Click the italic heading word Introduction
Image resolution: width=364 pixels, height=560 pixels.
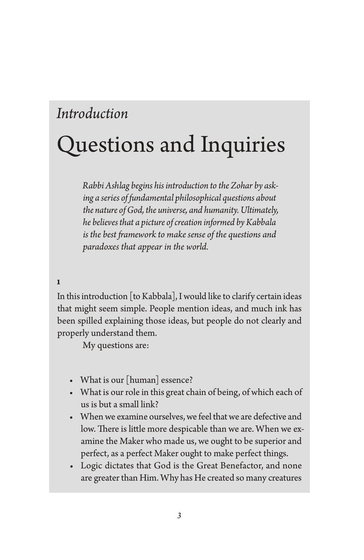(x=92, y=113)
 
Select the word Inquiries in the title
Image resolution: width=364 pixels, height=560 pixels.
(x=241, y=146)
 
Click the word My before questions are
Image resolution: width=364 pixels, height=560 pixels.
(x=90, y=345)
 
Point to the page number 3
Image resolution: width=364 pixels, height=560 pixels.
(x=179, y=516)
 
